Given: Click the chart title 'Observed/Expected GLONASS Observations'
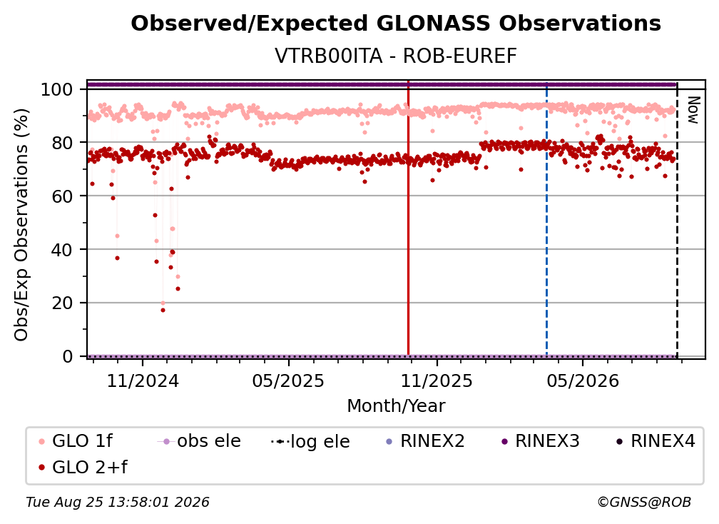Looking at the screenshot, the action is (x=396, y=24).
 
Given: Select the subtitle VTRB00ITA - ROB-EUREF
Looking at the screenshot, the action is (x=396, y=56).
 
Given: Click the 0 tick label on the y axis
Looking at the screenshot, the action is (x=67, y=356).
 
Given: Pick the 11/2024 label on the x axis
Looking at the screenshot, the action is (x=143, y=381).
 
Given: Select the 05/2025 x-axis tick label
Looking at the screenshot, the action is (x=288, y=381).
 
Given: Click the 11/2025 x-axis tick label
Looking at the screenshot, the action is (x=437, y=381).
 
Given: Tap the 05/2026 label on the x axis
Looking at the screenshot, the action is (x=583, y=381).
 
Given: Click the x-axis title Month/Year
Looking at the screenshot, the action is (x=396, y=406).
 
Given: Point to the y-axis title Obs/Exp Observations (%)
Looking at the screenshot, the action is (x=21, y=225).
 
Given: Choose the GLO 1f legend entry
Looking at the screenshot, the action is (x=76, y=441).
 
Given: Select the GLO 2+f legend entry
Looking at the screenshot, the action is (x=83, y=468).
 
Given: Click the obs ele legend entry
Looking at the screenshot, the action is (x=199, y=441).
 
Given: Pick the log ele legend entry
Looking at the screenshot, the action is (x=310, y=441).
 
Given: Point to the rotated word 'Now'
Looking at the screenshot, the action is (x=693, y=110).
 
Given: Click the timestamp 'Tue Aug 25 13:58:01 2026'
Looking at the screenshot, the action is (x=118, y=503).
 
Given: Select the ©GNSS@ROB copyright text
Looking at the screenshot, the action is (x=644, y=503).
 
